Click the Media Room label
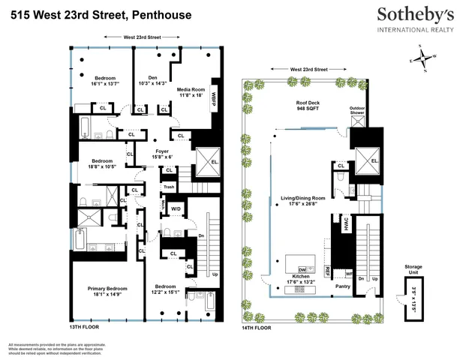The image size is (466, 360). tap(190, 92)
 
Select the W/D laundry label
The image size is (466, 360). tap(176, 208)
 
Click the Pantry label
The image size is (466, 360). tap(344, 286)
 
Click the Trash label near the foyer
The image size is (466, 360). tap(169, 187)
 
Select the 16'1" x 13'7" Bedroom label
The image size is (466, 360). tap(104, 81)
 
